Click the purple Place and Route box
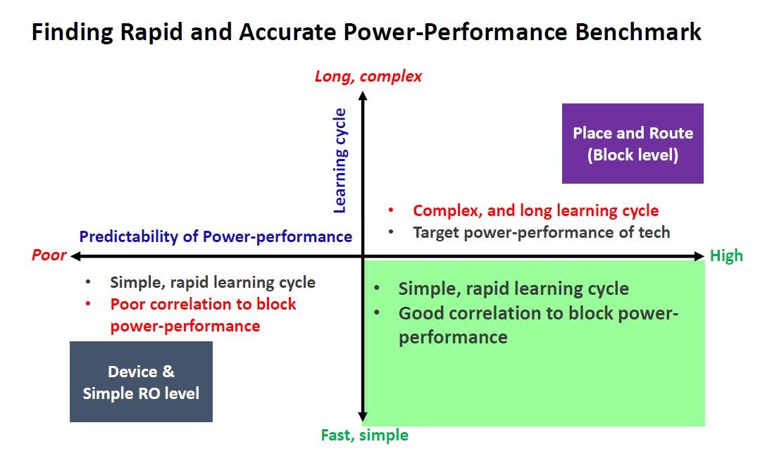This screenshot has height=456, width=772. tap(633, 143)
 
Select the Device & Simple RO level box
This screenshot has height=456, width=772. tap(142, 381)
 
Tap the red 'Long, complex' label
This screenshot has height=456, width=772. tap(368, 76)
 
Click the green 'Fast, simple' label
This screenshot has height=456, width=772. tap(364, 435)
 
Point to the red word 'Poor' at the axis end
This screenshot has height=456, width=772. tap(49, 255)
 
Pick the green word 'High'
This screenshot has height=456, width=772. tap(726, 255)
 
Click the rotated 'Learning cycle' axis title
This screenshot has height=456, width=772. tap(340, 160)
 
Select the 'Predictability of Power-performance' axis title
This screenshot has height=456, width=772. tap(216, 236)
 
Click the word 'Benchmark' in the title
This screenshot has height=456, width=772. tap(638, 32)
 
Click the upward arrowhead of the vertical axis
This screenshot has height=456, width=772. tap(363, 96)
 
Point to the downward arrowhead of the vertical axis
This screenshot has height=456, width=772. tap(363, 417)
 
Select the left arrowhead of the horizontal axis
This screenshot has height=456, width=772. tap(75, 255)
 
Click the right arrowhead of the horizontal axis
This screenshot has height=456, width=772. tap(699, 255)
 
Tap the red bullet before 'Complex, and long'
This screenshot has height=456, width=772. tap(390, 210)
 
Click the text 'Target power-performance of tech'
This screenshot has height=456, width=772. tap(542, 232)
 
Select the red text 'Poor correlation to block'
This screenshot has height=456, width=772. tap(203, 304)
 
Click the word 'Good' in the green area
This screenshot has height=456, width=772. tap(420, 313)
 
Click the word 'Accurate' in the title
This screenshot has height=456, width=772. tap(288, 32)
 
